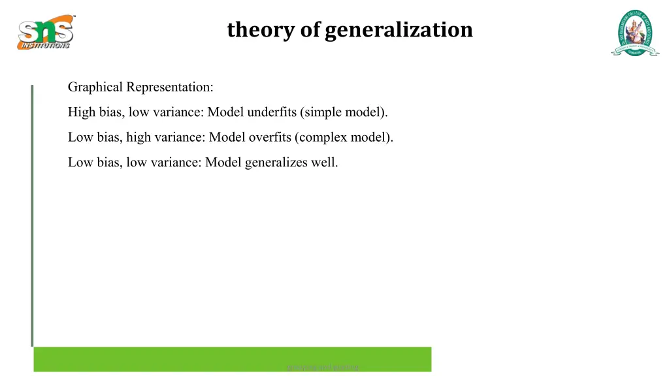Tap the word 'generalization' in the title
[x=399, y=30]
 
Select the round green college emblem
[x=635, y=32]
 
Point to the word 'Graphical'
[x=95, y=87]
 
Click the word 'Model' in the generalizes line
[x=223, y=163]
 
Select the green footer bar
[x=163, y=360]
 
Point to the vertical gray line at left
[x=31, y=215]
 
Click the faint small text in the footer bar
[x=323, y=368]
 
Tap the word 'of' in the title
[x=310, y=30]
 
